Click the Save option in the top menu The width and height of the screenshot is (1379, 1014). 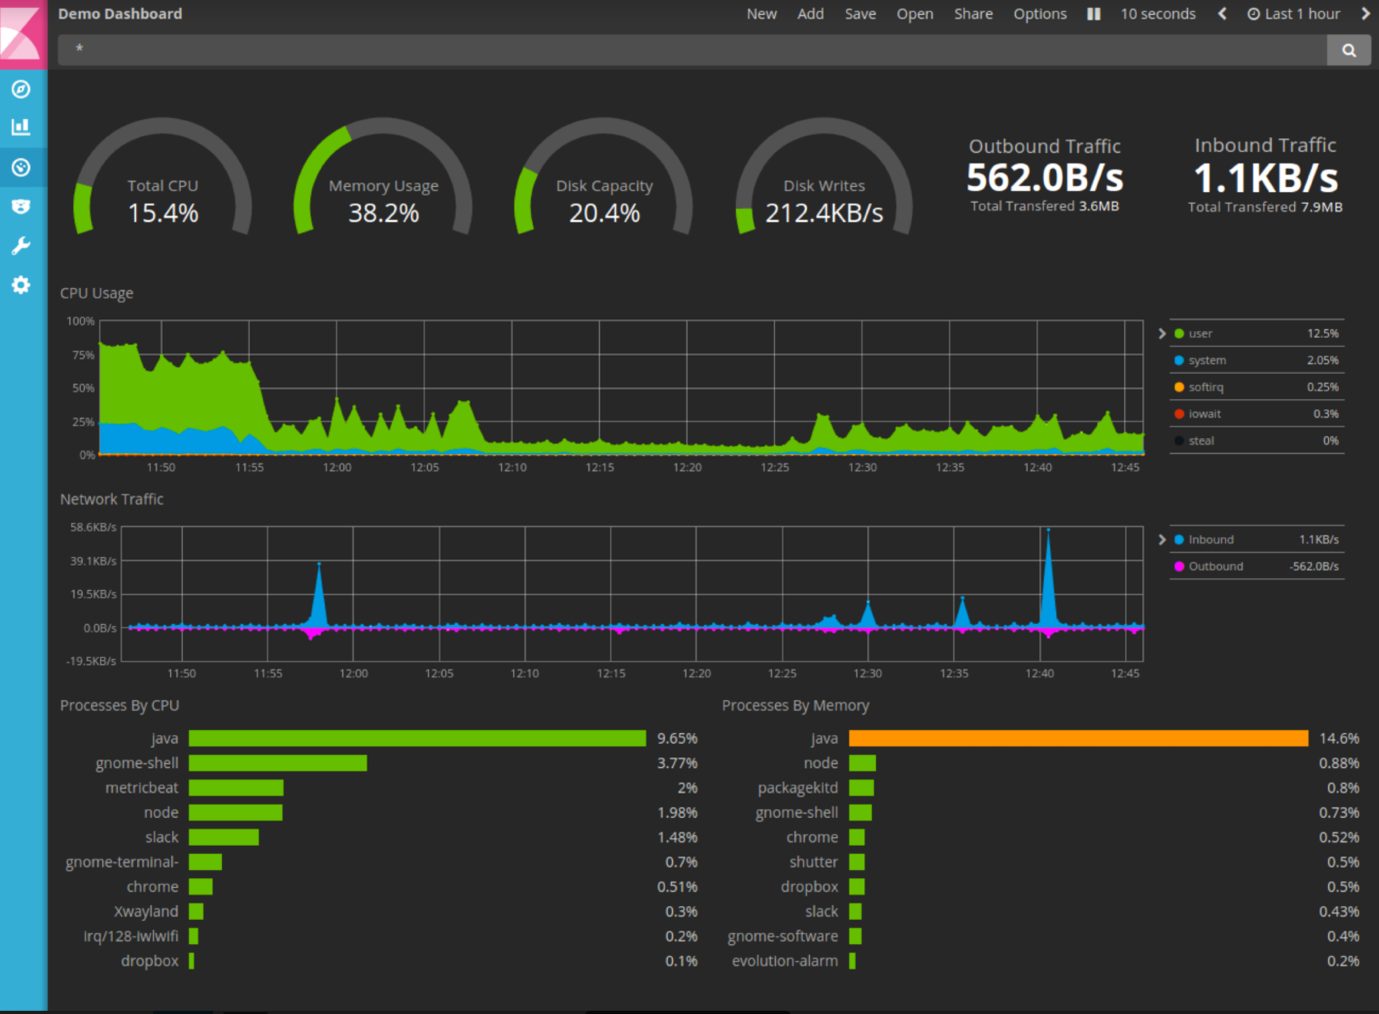click(x=859, y=14)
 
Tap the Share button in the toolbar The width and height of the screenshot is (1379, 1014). click(x=973, y=14)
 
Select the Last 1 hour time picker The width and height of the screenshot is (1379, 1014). click(x=1294, y=14)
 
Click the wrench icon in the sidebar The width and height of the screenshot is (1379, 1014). click(x=21, y=246)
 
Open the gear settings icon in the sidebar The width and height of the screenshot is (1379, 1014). click(x=21, y=285)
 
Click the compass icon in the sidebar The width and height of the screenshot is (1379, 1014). click(x=21, y=90)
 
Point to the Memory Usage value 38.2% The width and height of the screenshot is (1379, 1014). click(x=383, y=213)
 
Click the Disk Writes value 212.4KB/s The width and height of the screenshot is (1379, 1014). click(x=824, y=213)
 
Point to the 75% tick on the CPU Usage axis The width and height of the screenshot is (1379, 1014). click(x=83, y=355)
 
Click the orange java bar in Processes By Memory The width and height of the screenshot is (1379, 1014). click(x=1078, y=738)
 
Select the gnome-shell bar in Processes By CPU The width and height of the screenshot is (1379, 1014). click(x=277, y=763)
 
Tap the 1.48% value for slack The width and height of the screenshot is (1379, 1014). click(x=677, y=837)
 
